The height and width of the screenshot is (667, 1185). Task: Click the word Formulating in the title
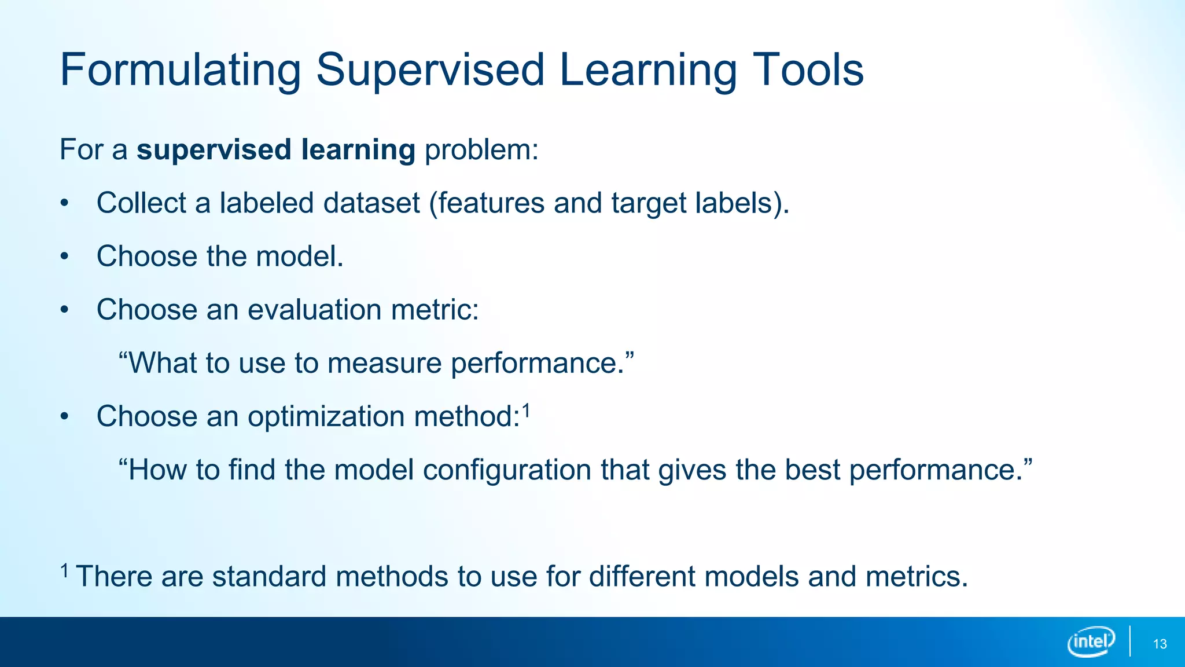[x=180, y=71]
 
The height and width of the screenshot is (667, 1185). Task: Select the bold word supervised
[x=214, y=150]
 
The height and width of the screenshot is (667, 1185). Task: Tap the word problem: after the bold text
[x=481, y=150]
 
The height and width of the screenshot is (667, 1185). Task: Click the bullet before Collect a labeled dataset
[x=65, y=204]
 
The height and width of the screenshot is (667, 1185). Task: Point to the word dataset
[x=371, y=203]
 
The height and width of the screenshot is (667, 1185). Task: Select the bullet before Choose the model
[x=65, y=257]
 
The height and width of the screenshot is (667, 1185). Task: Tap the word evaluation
[x=314, y=310]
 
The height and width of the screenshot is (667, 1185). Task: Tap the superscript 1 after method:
[x=526, y=411]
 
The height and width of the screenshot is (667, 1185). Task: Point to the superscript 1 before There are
[x=65, y=571]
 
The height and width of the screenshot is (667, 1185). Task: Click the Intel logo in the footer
[x=1091, y=642]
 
